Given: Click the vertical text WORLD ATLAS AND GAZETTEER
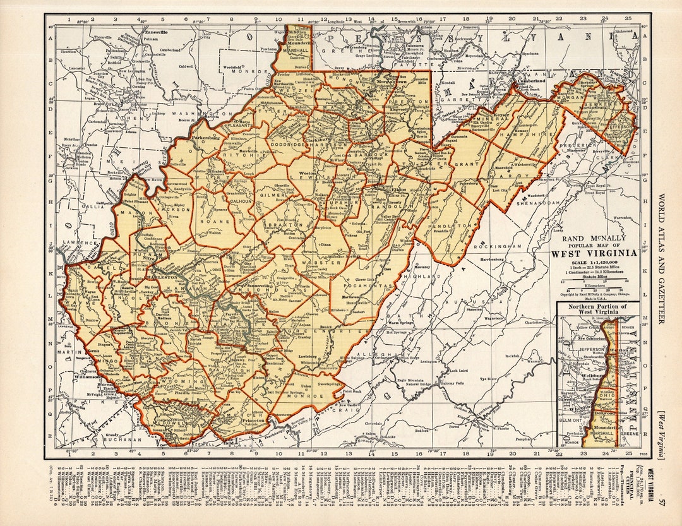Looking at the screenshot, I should coord(661,253).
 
